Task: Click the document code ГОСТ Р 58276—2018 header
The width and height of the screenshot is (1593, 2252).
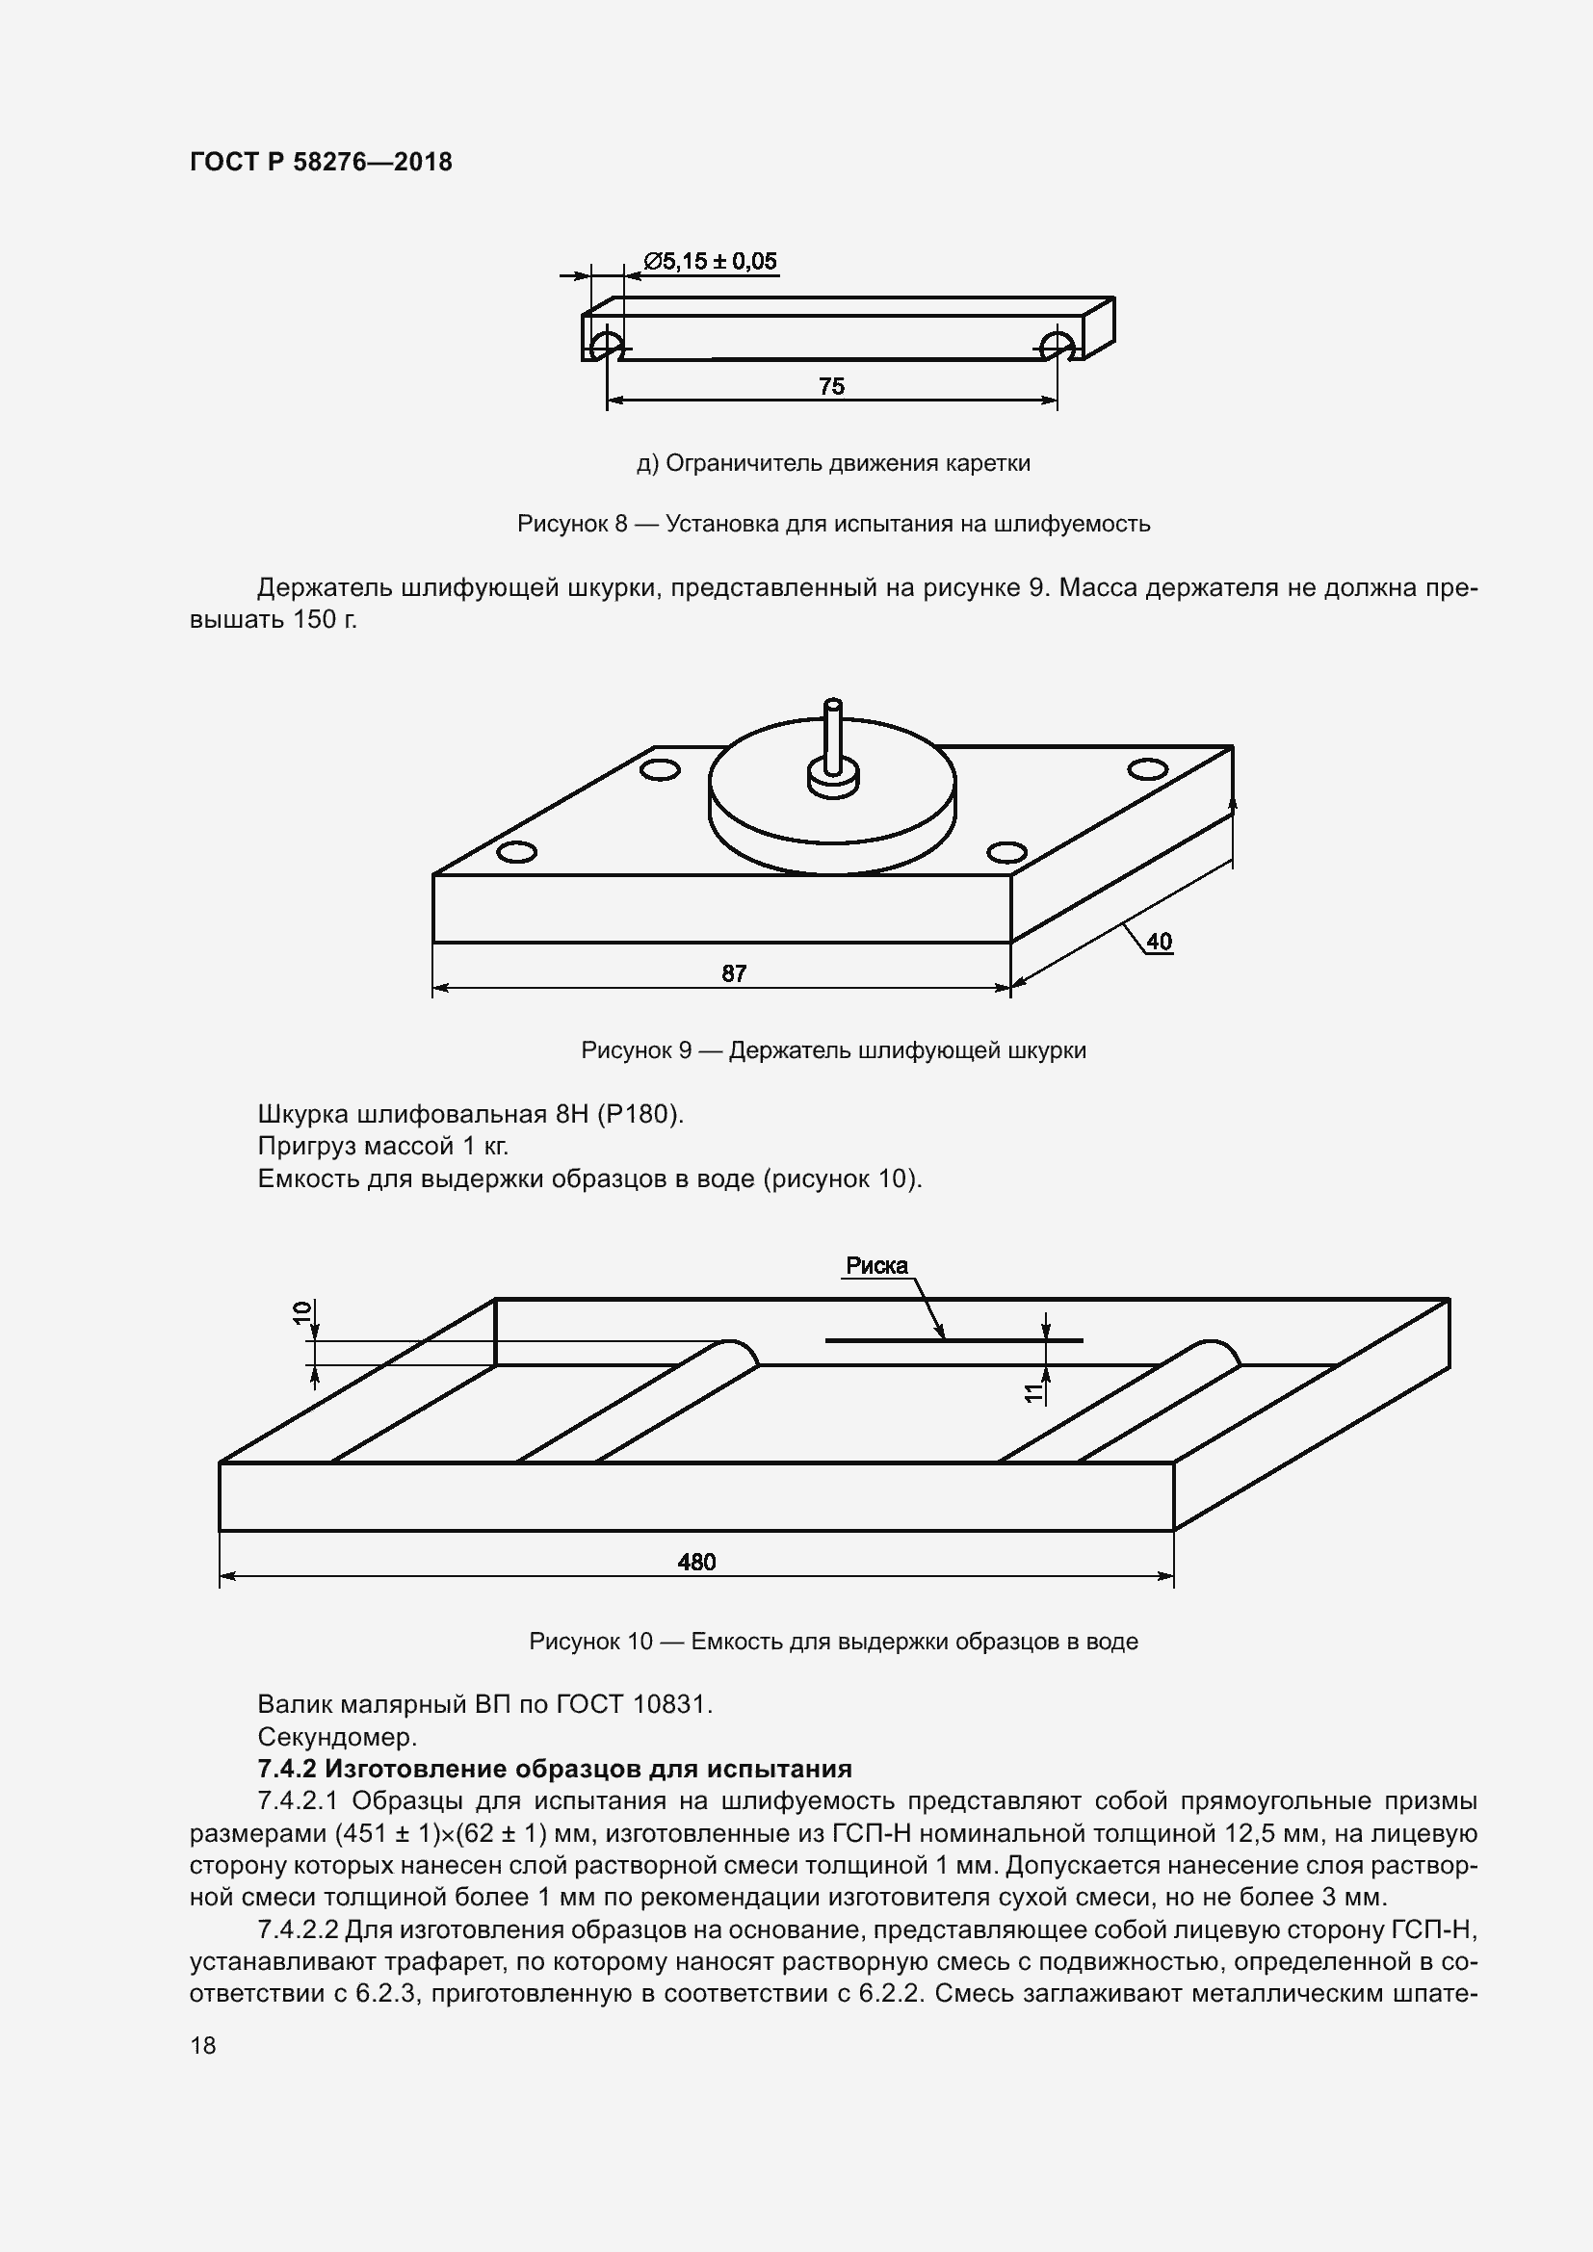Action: [321, 162]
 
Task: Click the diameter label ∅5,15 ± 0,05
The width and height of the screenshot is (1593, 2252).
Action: [710, 261]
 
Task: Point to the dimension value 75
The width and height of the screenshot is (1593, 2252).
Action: [831, 386]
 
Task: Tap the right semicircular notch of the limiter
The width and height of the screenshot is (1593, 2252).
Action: [1057, 345]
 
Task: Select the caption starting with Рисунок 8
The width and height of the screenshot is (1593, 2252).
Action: [833, 524]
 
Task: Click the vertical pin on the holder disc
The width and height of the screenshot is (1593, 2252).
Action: [833, 736]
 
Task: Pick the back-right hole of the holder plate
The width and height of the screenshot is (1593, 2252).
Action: [1147, 769]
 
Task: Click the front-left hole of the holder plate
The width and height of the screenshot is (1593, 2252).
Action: [516, 851]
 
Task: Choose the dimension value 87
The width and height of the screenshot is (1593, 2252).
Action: [734, 973]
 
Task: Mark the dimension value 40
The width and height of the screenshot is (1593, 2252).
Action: [1159, 942]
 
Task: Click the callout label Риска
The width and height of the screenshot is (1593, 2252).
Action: [877, 1266]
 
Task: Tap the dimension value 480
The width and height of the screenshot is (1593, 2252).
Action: [696, 1562]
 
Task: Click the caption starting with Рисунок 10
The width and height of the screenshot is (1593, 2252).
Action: [833, 1642]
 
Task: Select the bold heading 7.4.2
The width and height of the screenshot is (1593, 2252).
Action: [554, 1769]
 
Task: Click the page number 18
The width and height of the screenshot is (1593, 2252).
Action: [203, 2045]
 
